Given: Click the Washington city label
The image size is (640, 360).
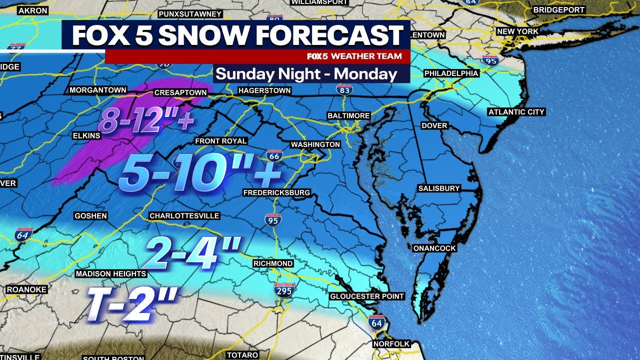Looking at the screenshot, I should click(315, 144).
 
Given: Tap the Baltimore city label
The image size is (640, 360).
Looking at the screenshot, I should click(348, 115).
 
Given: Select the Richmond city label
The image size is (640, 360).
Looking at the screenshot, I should click(273, 263).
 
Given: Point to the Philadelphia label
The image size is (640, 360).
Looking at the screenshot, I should click(451, 73).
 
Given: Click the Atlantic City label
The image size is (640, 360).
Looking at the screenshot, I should click(516, 112).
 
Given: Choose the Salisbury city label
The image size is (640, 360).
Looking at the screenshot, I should click(438, 188).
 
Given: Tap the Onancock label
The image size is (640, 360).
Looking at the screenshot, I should click(434, 248).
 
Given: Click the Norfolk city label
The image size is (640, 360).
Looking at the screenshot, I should click(391, 344).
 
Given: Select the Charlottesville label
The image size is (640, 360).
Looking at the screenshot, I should click(184, 216).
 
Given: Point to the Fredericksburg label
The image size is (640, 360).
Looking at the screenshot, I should click(276, 192).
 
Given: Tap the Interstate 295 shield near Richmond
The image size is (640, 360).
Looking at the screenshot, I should click(284, 289).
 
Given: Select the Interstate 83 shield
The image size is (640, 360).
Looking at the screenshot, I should click(344, 89).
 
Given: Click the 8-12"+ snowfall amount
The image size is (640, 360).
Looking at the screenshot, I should click(145, 120).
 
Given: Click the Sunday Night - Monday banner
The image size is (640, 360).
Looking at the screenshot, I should click(306, 74).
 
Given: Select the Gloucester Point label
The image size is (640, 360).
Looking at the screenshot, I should click(366, 296).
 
